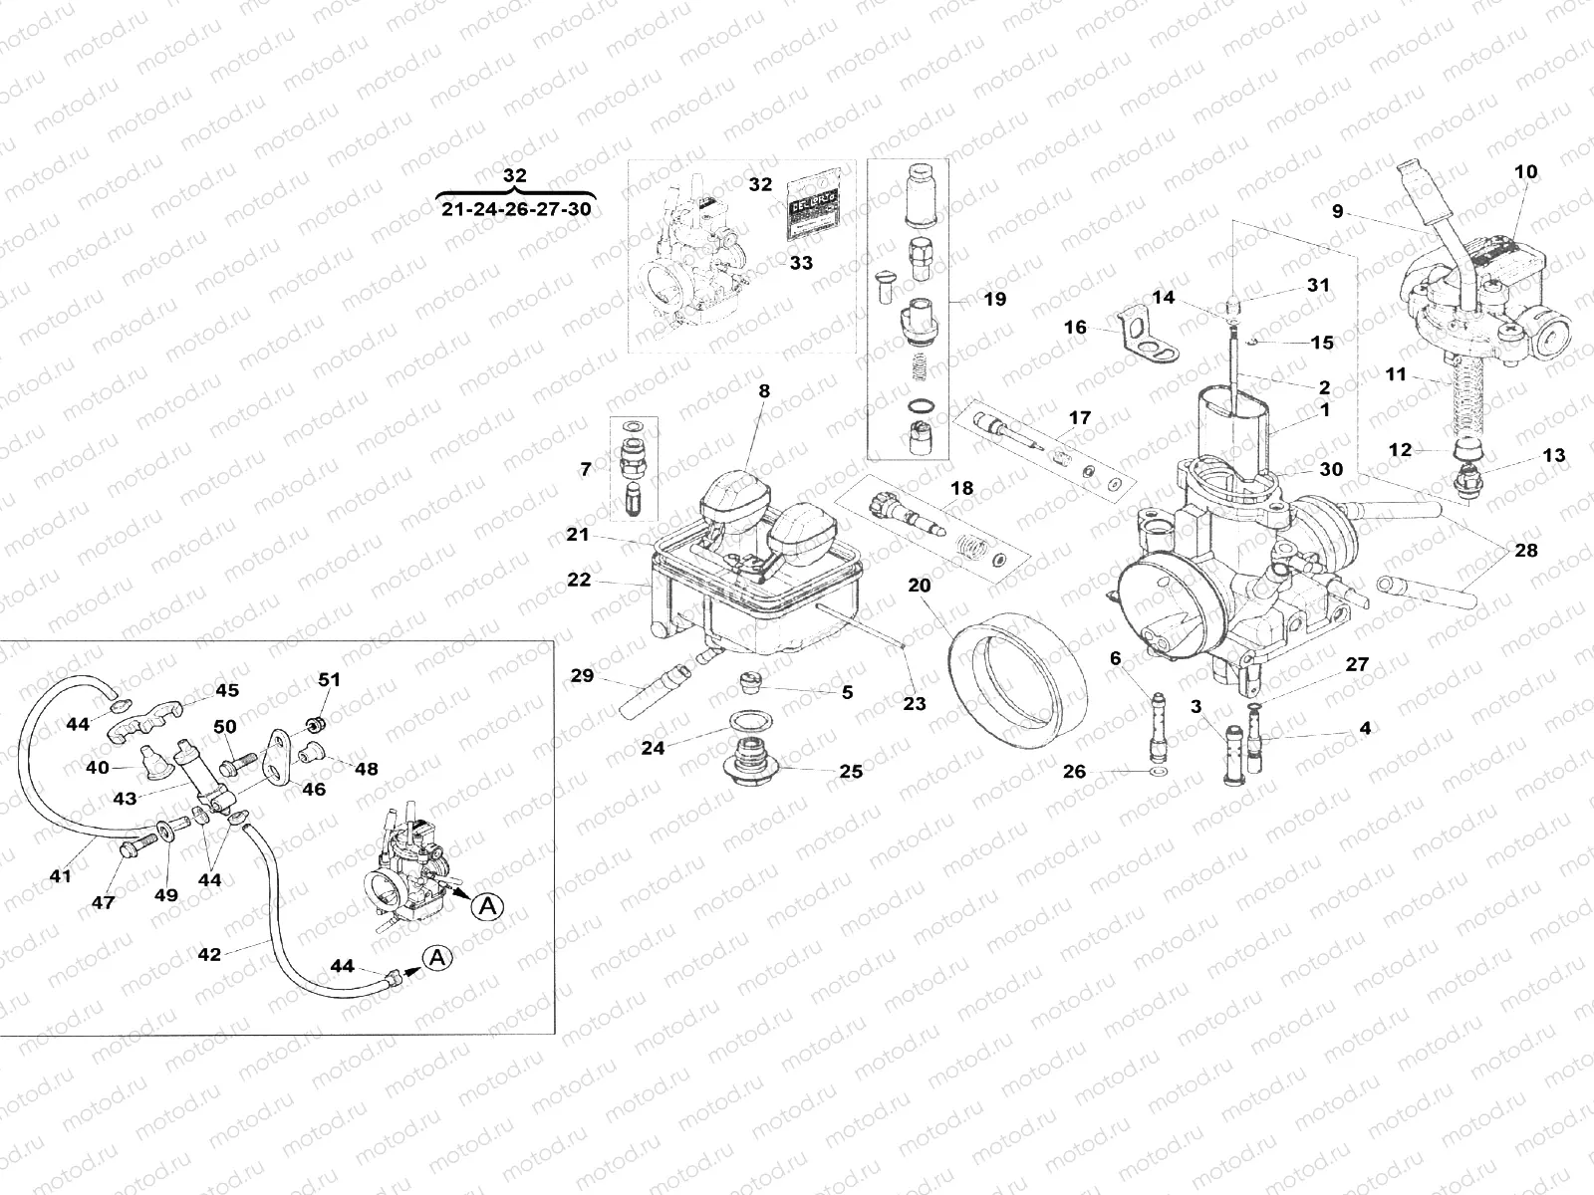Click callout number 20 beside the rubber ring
pos(919,586)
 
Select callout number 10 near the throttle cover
pos(1525,171)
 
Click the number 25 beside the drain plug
pos(850,771)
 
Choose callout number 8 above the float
pos(764,391)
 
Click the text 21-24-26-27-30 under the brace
pos(514,210)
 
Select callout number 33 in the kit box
pos(800,263)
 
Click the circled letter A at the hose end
pos(434,957)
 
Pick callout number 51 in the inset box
pos(329,679)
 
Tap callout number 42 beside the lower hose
pos(209,953)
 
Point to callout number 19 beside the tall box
pos(993,299)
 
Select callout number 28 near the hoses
pos(1525,550)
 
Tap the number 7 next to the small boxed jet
pos(586,468)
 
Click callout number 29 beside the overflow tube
pos(582,676)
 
